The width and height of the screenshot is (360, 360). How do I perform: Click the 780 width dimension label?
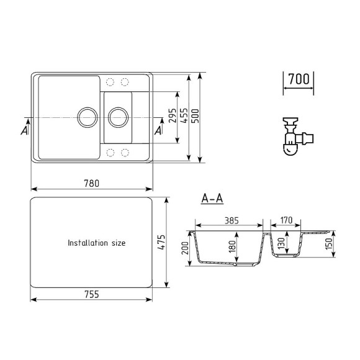[x=92, y=183]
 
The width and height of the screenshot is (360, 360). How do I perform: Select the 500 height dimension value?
[x=196, y=118]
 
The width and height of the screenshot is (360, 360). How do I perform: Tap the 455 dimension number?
[x=184, y=118]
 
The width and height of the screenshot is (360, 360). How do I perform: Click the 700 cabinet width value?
[x=299, y=79]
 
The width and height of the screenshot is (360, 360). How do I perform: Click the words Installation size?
[x=96, y=243]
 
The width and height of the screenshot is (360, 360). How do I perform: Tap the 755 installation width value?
[x=91, y=294]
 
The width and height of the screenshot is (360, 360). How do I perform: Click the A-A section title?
[x=212, y=199]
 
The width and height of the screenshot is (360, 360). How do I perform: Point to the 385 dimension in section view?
[x=231, y=220]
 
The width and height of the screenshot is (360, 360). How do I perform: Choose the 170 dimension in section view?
[x=287, y=220]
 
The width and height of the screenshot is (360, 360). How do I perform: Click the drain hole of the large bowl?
[x=86, y=116]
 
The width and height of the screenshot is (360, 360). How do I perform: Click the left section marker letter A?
[x=24, y=130]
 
